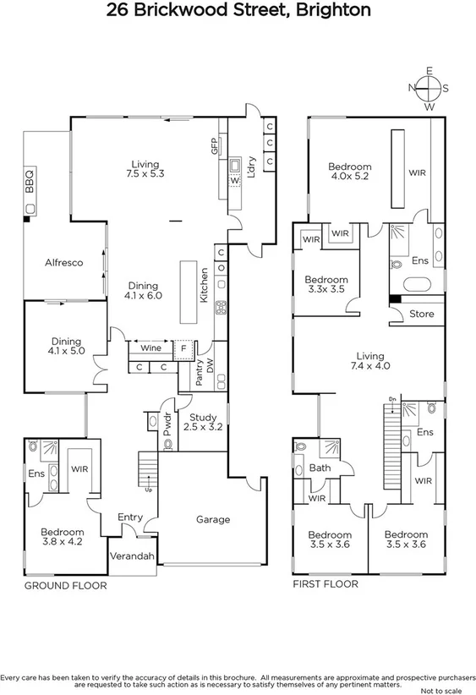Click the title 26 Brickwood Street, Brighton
click(238, 11)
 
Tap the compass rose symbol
click(429, 88)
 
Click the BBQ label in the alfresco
click(30, 179)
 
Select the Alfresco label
click(63, 263)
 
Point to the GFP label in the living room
click(215, 146)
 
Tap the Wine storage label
click(150, 347)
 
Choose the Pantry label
click(200, 375)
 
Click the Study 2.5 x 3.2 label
click(203, 423)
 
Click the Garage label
click(213, 519)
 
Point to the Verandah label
click(133, 556)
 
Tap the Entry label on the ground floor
click(130, 517)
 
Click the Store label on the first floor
click(421, 314)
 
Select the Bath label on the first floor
click(320, 467)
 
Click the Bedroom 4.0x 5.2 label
click(350, 172)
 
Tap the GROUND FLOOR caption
click(65, 585)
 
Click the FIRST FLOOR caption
click(326, 584)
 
